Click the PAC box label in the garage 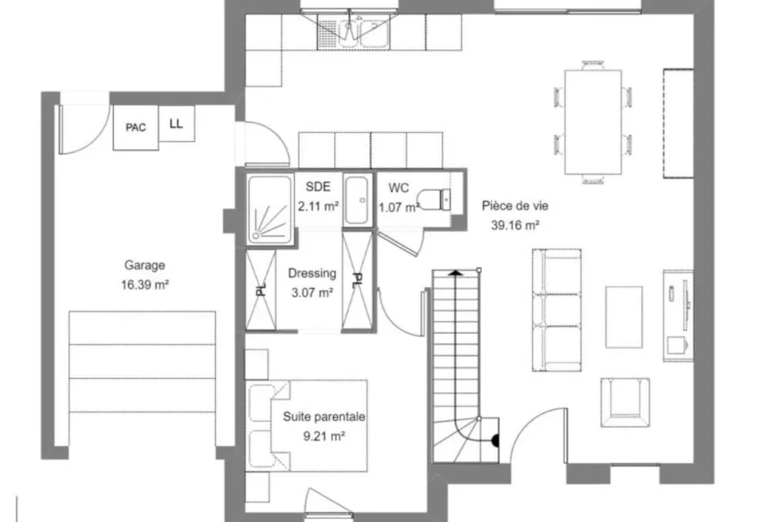[x=136, y=128]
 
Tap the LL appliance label [x=176, y=124]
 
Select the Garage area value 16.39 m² [x=144, y=285]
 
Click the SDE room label [x=317, y=186]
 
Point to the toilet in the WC [x=433, y=200]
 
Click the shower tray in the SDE [x=270, y=210]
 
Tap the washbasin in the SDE [x=357, y=200]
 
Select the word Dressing [x=312, y=273]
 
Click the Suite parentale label [x=324, y=417]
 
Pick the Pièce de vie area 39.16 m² [x=515, y=225]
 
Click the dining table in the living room [x=593, y=122]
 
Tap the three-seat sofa [x=557, y=310]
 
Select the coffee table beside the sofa [x=624, y=317]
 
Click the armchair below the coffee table [x=626, y=402]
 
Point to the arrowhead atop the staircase [x=456, y=272]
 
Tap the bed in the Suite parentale [x=307, y=425]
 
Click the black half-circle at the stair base [x=495, y=441]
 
